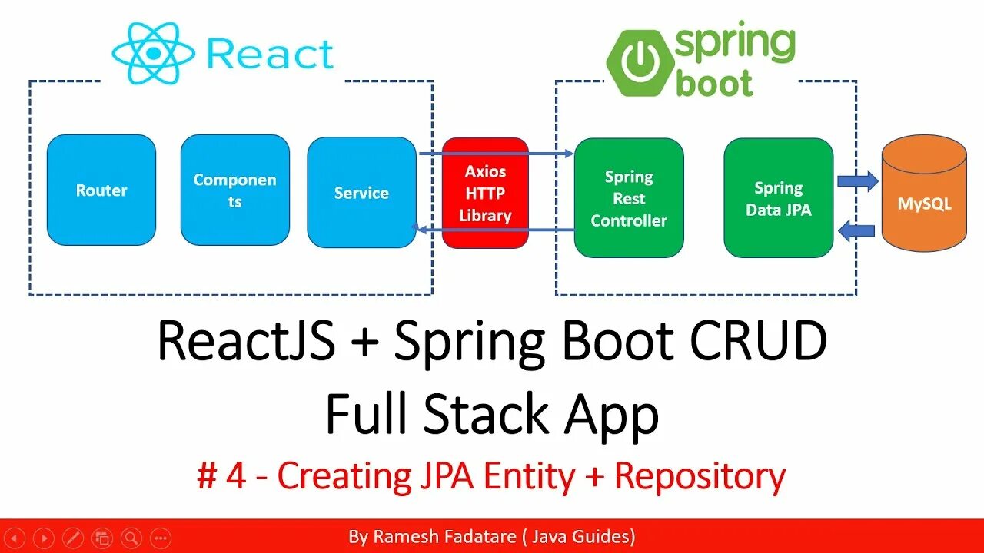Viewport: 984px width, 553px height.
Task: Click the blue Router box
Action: tap(101, 190)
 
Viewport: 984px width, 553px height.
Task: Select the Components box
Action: tap(234, 190)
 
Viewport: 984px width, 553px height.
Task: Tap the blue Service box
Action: tap(361, 193)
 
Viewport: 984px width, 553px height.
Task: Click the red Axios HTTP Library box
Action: tap(485, 193)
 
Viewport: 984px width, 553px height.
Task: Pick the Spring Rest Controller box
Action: tap(629, 198)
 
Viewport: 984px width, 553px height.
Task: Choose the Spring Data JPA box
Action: tap(778, 198)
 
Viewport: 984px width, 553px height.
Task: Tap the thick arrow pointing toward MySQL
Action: tap(856, 181)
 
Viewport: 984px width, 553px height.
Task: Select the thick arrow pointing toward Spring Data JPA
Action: tap(856, 230)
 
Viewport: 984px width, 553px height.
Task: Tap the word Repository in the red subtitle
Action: tap(700, 476)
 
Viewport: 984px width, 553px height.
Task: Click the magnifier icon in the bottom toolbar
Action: tap(131, 538)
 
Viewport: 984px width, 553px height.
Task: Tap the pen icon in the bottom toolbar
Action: tap(72, 538)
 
